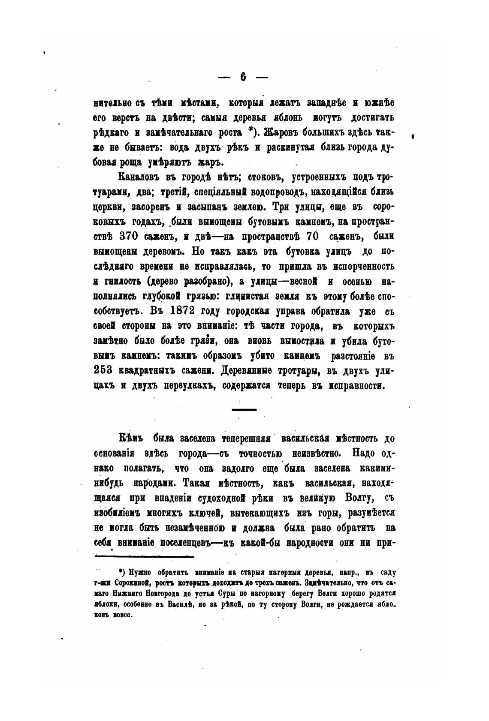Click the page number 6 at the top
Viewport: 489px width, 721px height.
click(x=243, y=77)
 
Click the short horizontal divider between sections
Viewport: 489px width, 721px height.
click(x=244, y=410)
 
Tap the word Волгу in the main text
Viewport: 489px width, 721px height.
click(x=359, y=498)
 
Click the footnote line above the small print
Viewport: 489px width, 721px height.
click(x=144, y=556)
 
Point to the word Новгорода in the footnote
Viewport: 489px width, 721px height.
click(x=165, y=593)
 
